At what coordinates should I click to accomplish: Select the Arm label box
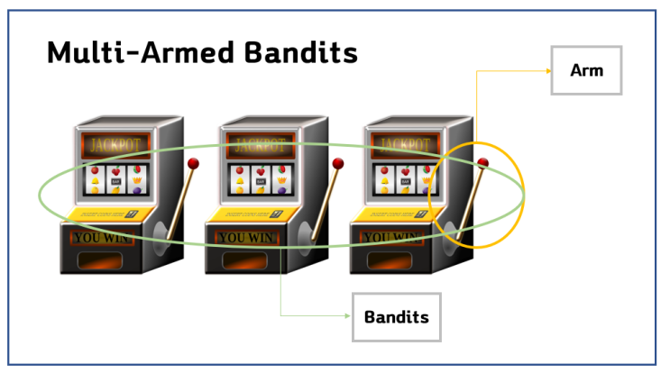click(x=586, y=69)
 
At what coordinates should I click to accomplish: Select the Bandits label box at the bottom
click(x=396, y=316)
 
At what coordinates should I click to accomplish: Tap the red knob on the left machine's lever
click(x=192, y=163)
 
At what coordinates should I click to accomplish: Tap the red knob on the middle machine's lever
click(x=338, y=163)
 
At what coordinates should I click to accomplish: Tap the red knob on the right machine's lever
click(x=483, y=163)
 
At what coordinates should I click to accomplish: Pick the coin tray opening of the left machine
click(x=106, y=261)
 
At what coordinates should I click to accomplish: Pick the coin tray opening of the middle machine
click(x=252, y=261)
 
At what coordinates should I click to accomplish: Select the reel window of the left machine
click(x=115, y=179)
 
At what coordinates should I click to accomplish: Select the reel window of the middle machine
click(x=260, y=179)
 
